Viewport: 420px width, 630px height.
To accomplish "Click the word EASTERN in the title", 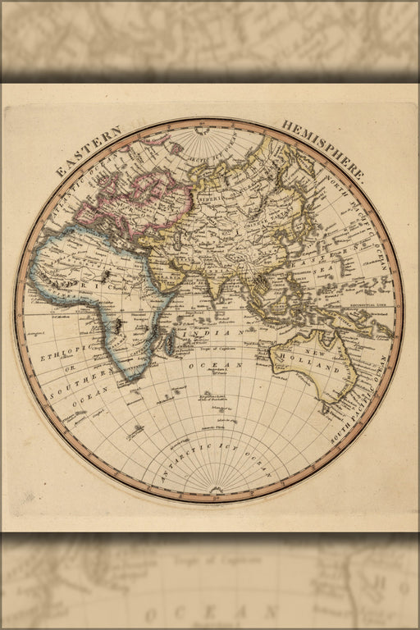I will coord(89,151).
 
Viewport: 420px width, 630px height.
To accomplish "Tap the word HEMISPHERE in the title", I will coord(323,149).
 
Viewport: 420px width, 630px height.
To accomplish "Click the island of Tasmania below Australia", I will coord(328,407).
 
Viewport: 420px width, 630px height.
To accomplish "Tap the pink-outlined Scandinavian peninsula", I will coord(152,168).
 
